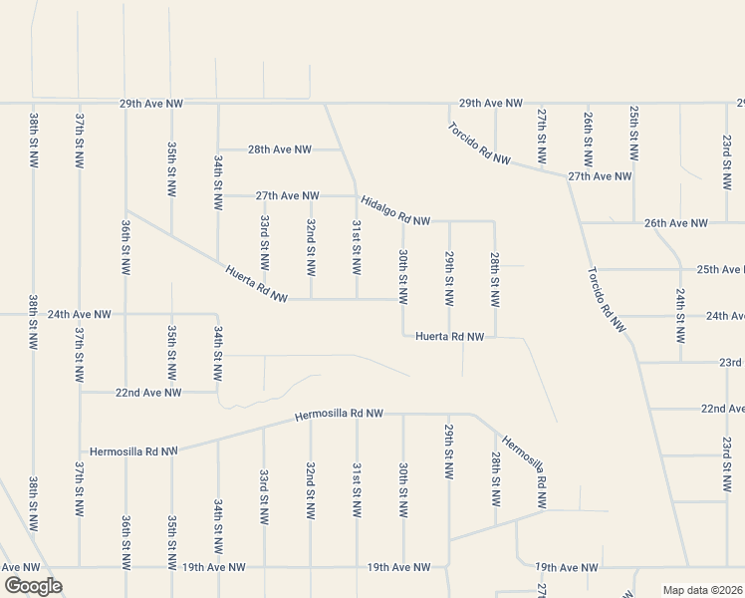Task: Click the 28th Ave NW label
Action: (x=279, y=149)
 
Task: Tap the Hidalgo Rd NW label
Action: (x=395, y=209)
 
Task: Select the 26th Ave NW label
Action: (x=675, y=223)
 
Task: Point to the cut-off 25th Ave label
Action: (x=720, y=269)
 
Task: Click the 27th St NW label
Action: (x=542, y=137)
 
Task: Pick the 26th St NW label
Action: (x=589, y=137)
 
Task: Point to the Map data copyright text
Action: (x=701, y=590)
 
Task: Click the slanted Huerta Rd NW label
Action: (x=256, y=284)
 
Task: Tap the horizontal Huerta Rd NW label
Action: (x=450, y=338)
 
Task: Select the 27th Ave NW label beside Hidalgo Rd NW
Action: (x=287, y=196)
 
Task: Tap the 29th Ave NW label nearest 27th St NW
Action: (x=491, y=104)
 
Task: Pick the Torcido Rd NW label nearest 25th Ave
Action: (x=607, y=300)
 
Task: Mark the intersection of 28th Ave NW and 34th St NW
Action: (x=218, y=149)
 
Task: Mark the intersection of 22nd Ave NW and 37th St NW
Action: (x=80, y=393)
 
